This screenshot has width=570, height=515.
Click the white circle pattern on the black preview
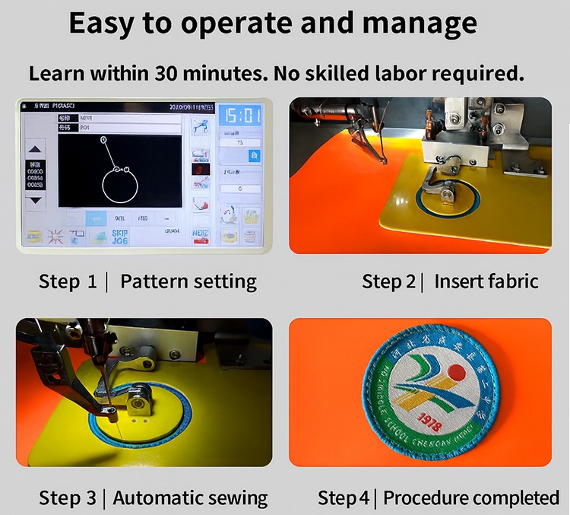point(119,185)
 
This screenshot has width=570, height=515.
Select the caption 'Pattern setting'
point(188,281)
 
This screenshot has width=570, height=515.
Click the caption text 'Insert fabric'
point(486,281)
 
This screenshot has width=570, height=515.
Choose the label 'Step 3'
point(68,498)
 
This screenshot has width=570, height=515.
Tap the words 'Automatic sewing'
point(190,498)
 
